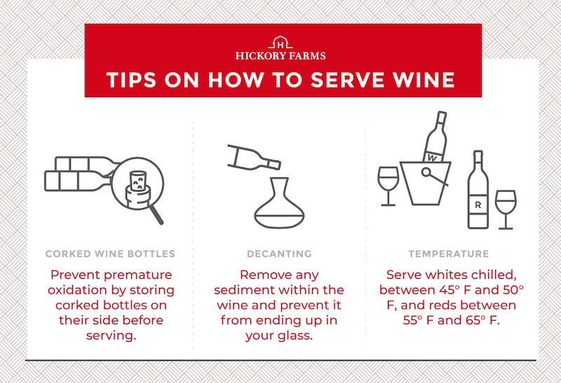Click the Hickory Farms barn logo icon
pos(280,43)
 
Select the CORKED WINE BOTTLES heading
pos(110,254)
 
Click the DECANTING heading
pos(279,254)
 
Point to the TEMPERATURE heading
pos(449,254)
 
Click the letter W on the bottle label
pos(432,158)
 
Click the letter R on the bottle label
pos(478,205)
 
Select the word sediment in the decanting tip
pos(244,290)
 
